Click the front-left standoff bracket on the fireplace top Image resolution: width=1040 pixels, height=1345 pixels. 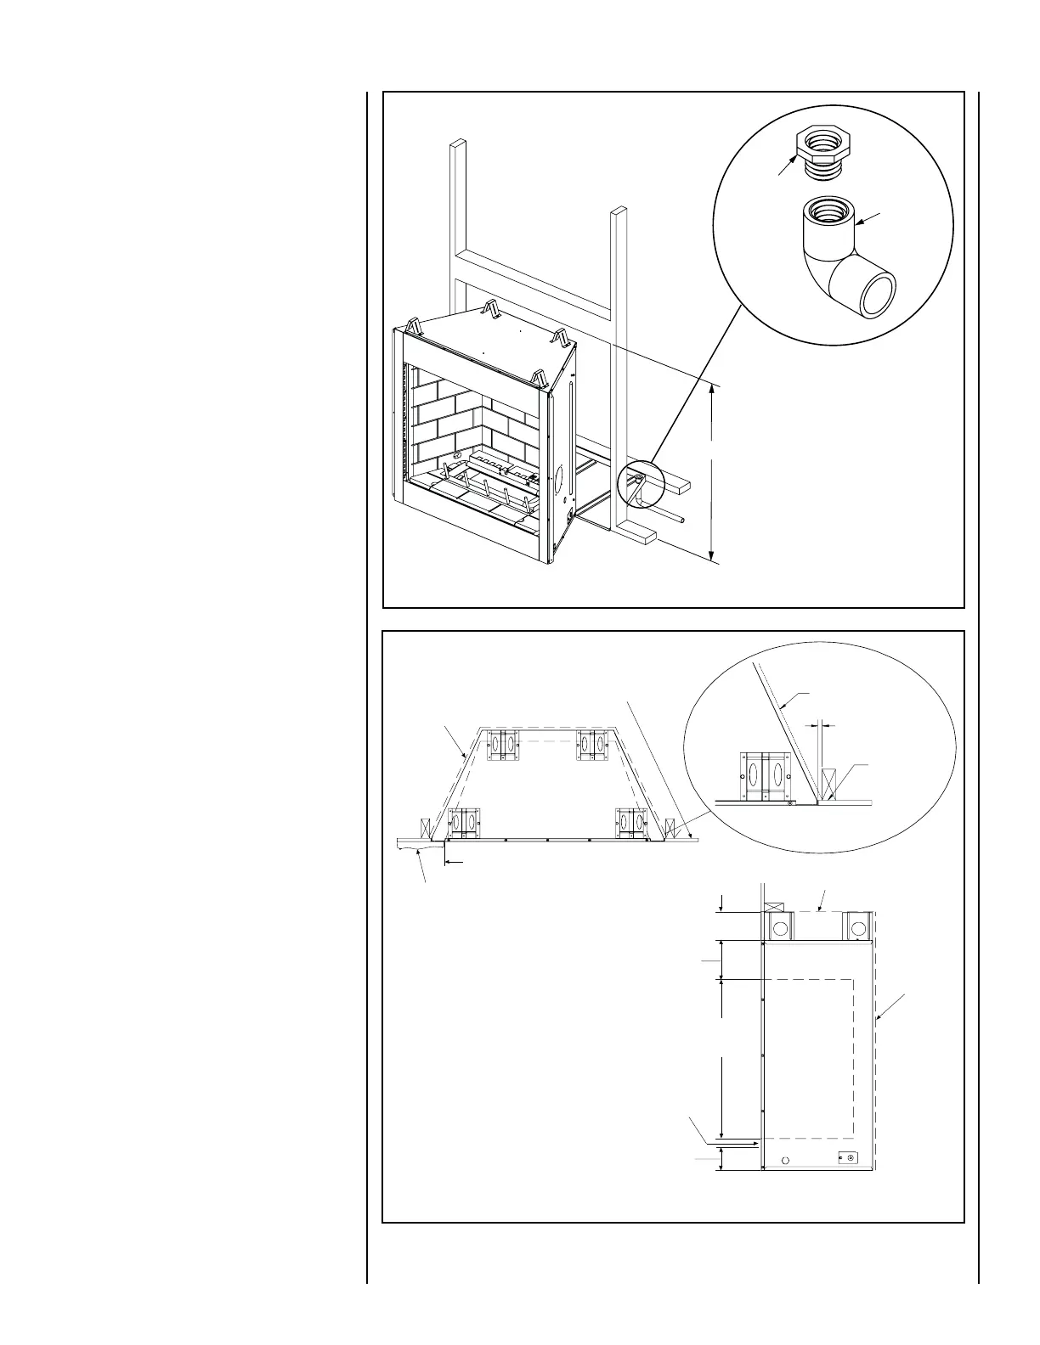tap(415, 326)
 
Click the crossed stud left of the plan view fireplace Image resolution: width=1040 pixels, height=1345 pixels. tap(422, 826)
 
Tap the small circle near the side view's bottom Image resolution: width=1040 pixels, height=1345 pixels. tap(785, 1160)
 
